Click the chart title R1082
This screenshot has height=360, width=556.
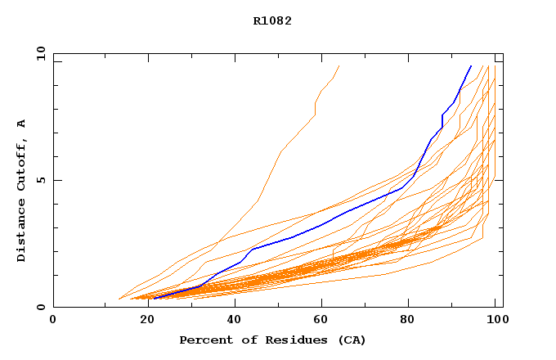(272, 21)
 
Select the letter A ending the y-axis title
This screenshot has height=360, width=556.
(22, 124)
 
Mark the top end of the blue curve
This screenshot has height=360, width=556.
(471, 66)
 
